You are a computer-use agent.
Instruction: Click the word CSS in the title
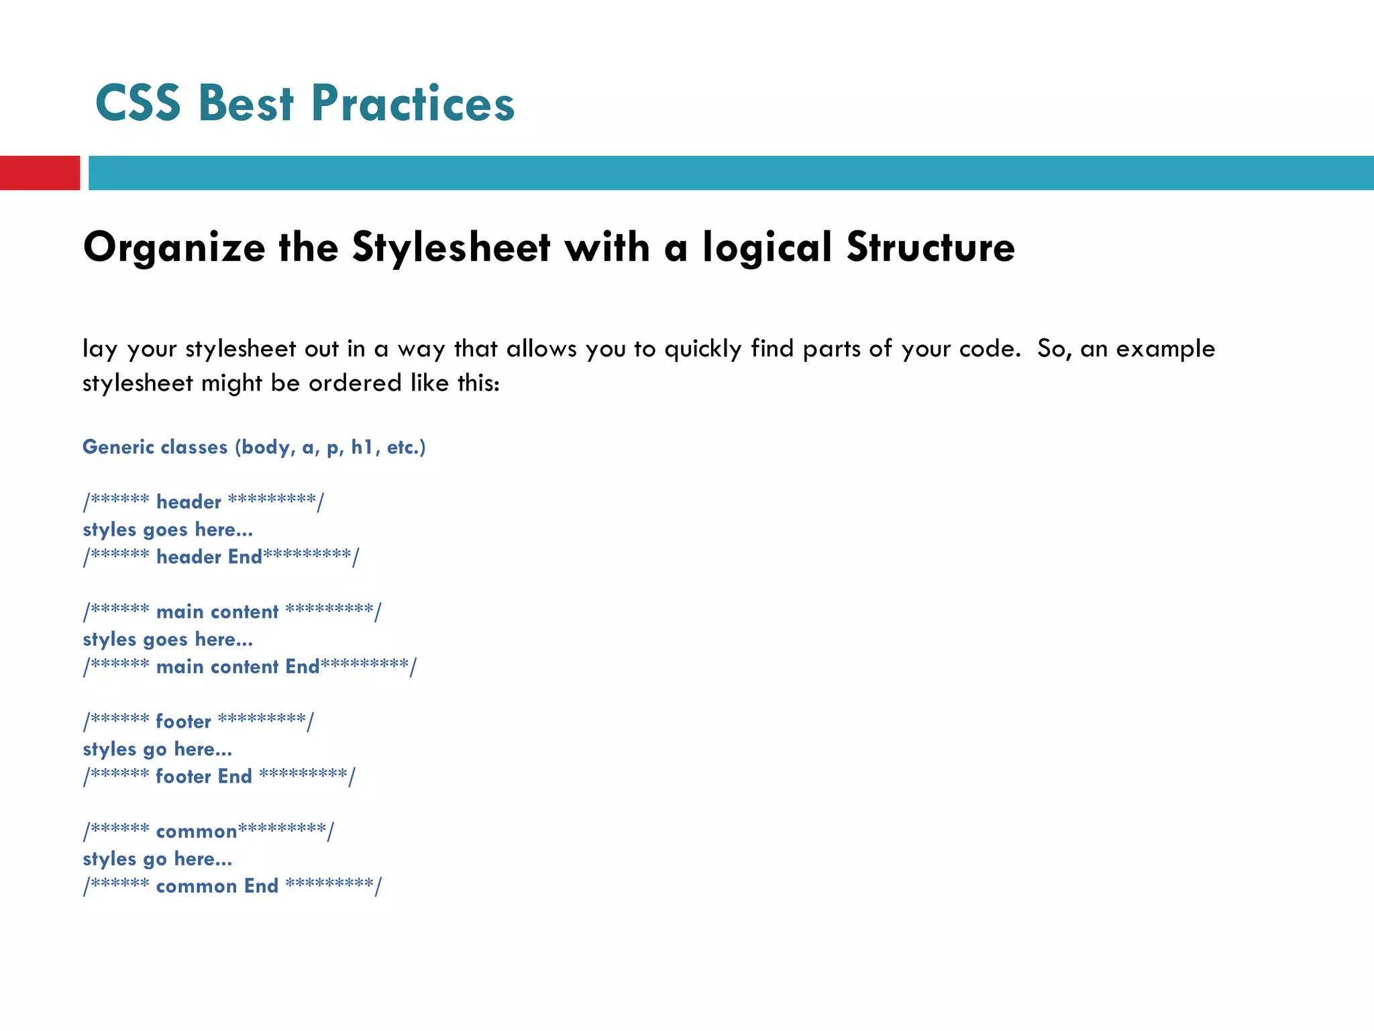coord(138,104)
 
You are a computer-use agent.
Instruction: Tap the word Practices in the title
coord(413,104)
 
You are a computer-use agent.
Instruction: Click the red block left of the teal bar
coord(40,173)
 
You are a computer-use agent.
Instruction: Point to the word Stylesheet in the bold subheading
coord(451,247)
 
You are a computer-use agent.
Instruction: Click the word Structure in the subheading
coord(931,247)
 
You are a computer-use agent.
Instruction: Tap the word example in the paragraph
coord(1165,348)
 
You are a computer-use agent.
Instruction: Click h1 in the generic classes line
coord(362,447)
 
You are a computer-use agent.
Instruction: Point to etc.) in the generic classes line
coord(406,447)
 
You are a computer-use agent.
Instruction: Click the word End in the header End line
coord(245,557)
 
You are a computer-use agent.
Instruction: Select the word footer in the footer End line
coord(183,777)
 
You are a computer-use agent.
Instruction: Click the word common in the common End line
coord(197,887)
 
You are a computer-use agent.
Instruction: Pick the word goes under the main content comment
coord(165,640)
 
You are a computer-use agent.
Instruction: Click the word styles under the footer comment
coord(109,750)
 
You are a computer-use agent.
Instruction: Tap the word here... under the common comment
coord(203,860)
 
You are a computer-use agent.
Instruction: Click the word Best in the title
coord(246,104)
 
